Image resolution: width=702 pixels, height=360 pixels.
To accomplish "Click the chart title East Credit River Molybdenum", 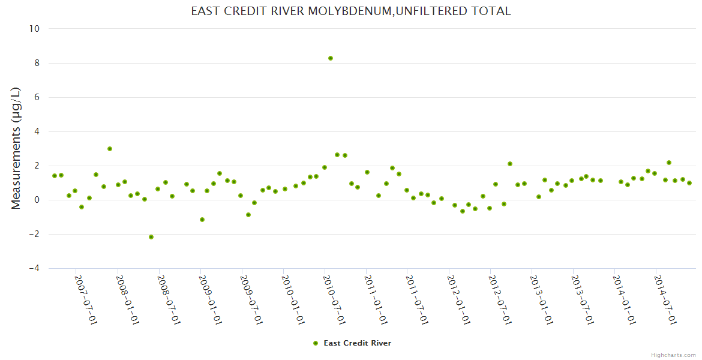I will point(351,11).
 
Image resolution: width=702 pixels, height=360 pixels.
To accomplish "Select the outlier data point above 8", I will point(331,58).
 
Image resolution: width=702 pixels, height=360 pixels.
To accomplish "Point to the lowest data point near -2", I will point(151,237).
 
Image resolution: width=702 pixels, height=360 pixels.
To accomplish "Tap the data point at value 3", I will point(110,149).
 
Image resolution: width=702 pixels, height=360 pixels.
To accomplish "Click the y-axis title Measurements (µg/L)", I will point(16,148).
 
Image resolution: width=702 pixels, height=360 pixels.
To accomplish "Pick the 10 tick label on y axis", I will point(35,29).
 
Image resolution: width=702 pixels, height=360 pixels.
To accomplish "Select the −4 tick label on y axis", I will point(34,268).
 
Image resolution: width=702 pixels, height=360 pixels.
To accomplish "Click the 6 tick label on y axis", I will point(37,97).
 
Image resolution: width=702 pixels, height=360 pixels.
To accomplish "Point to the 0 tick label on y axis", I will point(37,200).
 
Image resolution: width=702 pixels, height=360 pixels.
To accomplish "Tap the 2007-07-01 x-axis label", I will point(86,299).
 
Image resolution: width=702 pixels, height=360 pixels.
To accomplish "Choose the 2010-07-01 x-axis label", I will point(334,299).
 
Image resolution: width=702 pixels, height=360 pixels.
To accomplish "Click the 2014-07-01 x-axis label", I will point(665,299).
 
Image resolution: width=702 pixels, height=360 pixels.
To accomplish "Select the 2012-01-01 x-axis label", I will point(458,299).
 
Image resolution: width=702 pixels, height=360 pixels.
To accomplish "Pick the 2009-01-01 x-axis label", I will point(210,299).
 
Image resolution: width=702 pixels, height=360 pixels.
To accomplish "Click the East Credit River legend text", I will point(358,343).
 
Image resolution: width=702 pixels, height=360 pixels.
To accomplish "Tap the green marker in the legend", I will point(316,343).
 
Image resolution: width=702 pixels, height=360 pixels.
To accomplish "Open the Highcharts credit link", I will point(673,355).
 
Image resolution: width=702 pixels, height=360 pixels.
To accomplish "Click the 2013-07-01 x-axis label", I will point(583,299).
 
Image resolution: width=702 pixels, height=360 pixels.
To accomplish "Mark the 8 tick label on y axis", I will point(37,63).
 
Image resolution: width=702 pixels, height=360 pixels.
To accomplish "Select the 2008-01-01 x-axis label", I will point(127,299).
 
